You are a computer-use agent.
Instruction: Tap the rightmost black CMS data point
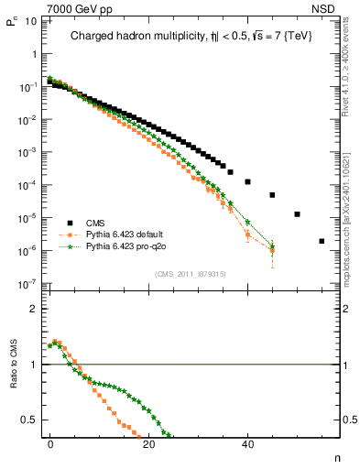[x=322, y=242]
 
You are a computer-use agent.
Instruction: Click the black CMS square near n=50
[x=297, y=214]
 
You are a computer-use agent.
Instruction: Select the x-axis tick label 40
[x=247, y=444]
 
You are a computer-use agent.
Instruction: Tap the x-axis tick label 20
[x=148, y=444]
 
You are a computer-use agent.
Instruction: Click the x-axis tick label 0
[x=49, y=444]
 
